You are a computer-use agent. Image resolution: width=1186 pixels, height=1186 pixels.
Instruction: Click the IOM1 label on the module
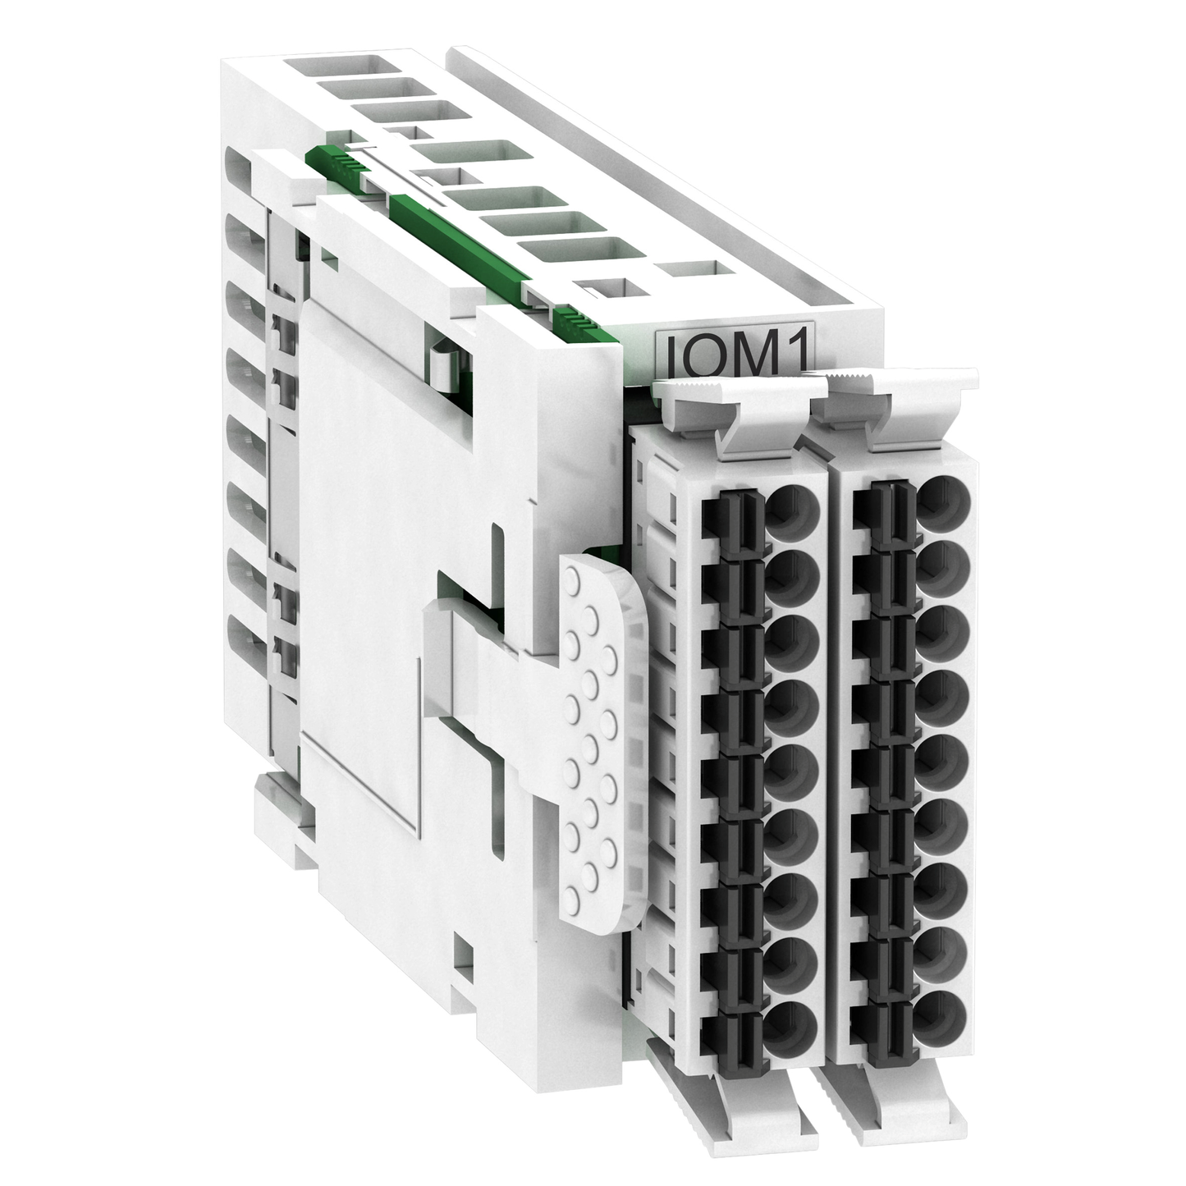tap(734, 354)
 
